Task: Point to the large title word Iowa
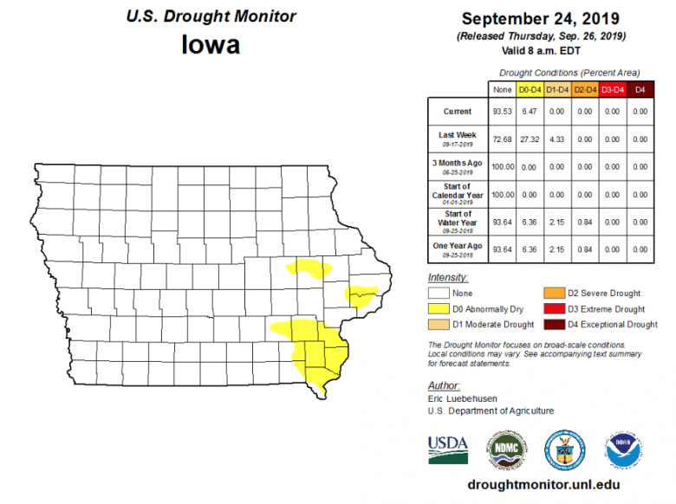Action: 211,44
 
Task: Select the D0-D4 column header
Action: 529,88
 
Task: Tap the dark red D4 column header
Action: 640,88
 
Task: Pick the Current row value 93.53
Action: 501,112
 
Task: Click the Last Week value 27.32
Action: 529,139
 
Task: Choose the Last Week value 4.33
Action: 556,139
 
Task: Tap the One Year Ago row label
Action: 458,249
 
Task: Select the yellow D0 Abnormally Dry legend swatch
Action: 439,309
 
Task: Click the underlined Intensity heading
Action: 448,277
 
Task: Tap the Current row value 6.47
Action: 529,112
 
